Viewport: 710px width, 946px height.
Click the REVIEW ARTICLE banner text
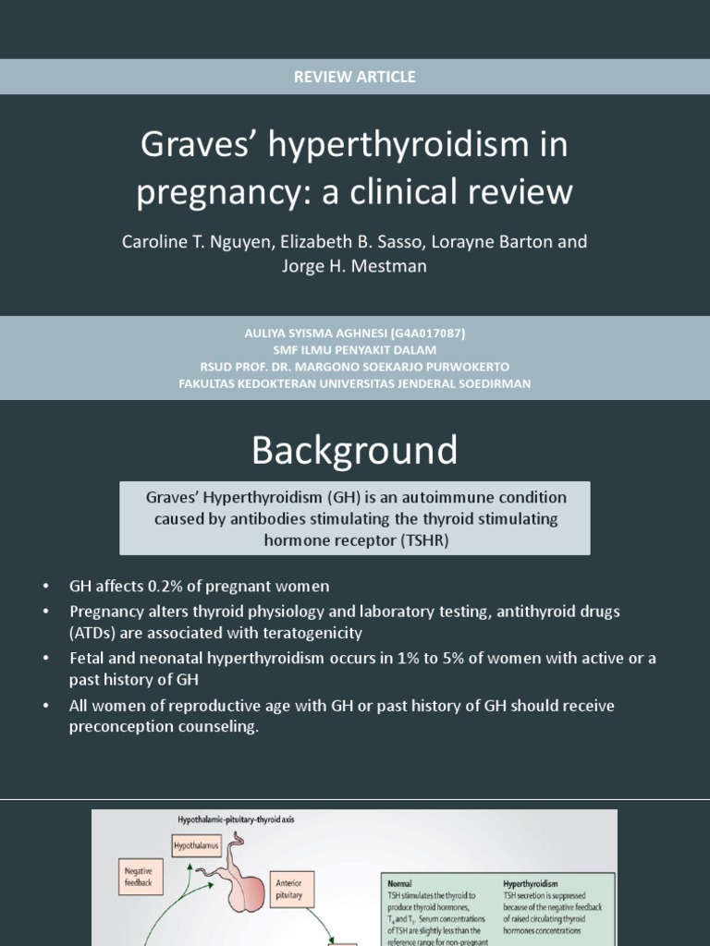click(x=354, y=77)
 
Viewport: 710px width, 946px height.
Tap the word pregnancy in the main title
click(x=226, y=192)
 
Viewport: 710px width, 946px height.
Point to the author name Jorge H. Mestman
click(x=354, y=267)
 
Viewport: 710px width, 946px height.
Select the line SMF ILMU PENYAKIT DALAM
click(x=354, y=350)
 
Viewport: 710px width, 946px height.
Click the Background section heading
click(x=354, y=451)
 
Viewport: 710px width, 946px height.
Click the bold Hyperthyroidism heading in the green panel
click(x=531, y=884)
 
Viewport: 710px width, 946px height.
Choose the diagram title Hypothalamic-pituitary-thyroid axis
click(x=237, y=819)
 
